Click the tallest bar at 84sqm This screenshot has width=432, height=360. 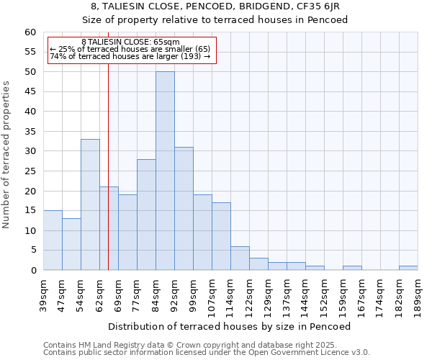[165, 171]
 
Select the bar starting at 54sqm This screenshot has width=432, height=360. [90, 204]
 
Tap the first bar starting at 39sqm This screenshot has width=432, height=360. [53, 240]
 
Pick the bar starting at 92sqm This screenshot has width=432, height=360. [184, 208]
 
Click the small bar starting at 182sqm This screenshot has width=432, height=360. [408, 268]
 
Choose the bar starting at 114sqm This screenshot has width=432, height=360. [240, 258]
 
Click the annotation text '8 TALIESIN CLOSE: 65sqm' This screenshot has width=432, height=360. [130, 42]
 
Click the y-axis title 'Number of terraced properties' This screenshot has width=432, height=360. [6, 154]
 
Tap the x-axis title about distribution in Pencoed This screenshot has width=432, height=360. [233, 326]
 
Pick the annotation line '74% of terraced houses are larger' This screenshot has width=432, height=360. [130, 56]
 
